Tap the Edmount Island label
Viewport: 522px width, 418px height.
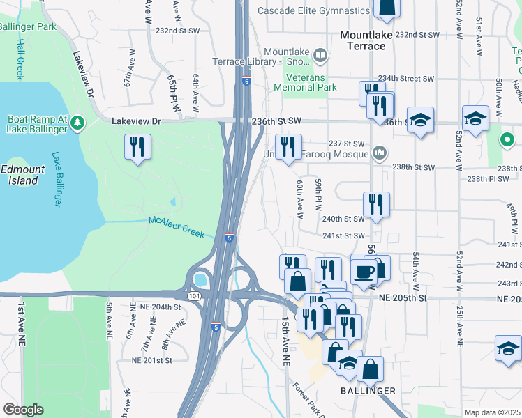(x=19, y=175)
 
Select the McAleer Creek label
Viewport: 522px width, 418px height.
(x=176, y=226)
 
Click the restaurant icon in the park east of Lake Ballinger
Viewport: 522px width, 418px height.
(x=137, y=147)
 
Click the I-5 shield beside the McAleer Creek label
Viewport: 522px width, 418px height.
(x=229, y=238)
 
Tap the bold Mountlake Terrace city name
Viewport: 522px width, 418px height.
(x=363, y=40)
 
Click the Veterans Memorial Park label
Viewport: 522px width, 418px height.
(x=305, y=82)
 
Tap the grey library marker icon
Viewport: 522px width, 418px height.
(x=320, y=54)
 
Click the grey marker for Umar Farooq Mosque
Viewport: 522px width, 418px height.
(x=379, y=152)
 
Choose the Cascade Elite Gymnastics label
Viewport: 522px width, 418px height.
(x=313, y=11)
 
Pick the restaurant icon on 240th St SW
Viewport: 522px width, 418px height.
(x=376, y=205)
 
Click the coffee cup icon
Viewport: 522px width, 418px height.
(x=363, y=270)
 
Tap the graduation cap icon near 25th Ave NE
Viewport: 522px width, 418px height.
(x=508, y=348)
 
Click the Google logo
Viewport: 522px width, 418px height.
(x=23, y=410)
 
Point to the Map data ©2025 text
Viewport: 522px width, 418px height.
(x=492, y=412)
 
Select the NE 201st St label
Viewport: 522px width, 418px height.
(x=152, y=360)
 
